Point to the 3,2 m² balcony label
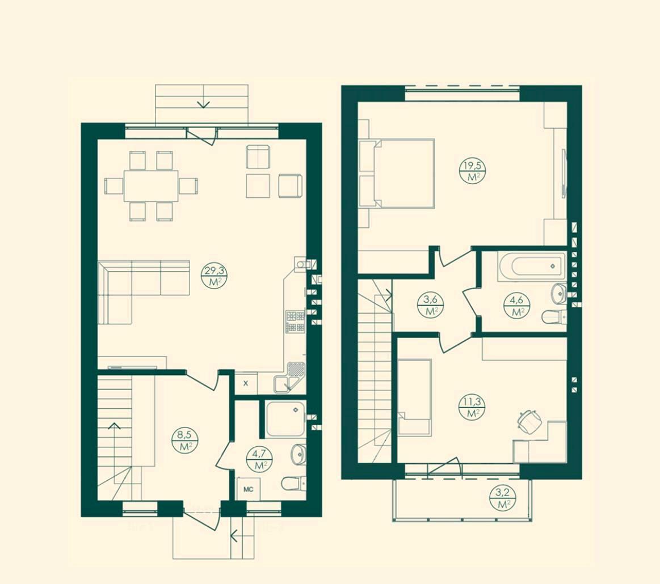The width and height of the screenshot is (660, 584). (x=503, y=498)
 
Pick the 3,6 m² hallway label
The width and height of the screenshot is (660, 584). (x=430, y=305)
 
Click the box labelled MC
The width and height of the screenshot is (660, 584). (x=249, y=489)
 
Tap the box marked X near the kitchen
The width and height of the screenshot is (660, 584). (x=246, y=383)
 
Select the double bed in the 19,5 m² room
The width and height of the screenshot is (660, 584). (x=397, y=173)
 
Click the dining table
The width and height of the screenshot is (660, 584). (x=151, y=185)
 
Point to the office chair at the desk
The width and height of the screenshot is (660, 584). (x=529, y=421)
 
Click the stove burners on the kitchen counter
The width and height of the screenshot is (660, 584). (x=295, y=321)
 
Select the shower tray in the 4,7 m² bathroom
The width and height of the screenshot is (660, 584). (x=285, y=419)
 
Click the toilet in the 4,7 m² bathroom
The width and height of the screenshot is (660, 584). (x=294, y=484)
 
